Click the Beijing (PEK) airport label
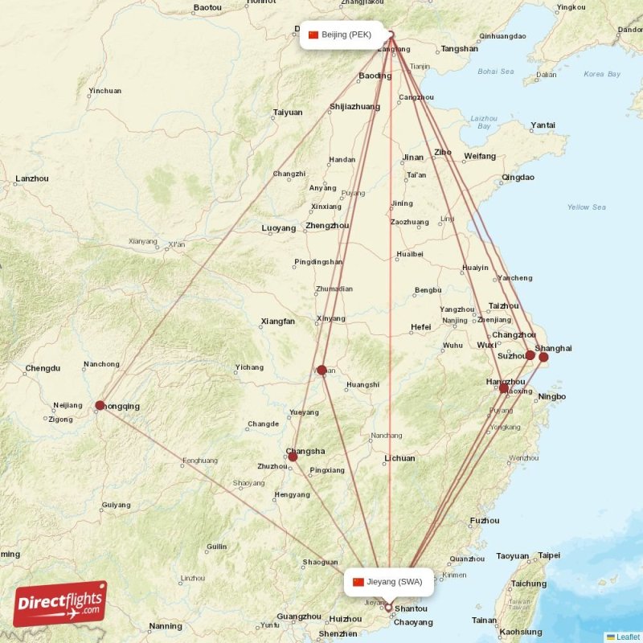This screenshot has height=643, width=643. click(x=341, y=35)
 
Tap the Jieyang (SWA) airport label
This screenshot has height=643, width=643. click(x=389, y=582)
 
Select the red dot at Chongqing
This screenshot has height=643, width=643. click(x=100, y=406)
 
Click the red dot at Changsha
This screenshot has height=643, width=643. click(x=293, y=457)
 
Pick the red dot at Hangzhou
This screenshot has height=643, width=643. click(x=504, y=388)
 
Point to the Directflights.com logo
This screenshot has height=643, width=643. click(x=60, y=604)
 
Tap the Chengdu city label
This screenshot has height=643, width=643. click(x=43, y=368)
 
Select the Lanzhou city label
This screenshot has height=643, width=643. click(x=32, y=178)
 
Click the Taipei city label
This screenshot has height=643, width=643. click(x=549, y=555)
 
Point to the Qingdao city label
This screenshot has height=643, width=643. click(x=518, y=177)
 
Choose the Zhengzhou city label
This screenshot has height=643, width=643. click(x=327, y=226)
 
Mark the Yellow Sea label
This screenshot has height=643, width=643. click(x=586, y=207)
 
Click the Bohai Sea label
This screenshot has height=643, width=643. click(x=495, y=72)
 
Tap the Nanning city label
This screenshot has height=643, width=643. click(x=165, y=626)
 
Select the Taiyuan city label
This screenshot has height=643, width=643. click(x=288, y=113)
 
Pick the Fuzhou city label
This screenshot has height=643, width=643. click(x=485, y=521)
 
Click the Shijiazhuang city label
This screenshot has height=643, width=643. click(x=354, y=106)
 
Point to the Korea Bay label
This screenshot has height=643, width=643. click(x=602, y=74)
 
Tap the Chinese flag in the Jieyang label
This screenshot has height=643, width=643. click(x=358, y=582)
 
